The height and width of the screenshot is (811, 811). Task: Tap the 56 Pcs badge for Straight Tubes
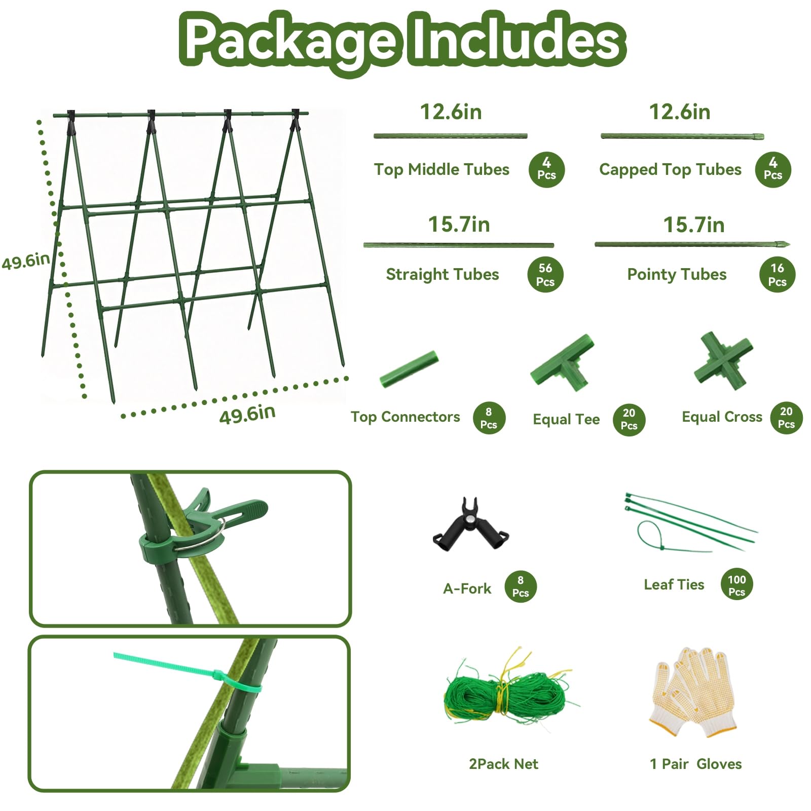tap(545, 275)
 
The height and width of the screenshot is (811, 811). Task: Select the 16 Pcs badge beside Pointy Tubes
tap(777, 275)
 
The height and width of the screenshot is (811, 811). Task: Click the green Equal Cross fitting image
tap(724, 360)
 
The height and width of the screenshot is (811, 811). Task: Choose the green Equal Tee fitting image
tap(563, 362)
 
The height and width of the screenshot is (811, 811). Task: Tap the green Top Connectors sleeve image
tap(409, 369)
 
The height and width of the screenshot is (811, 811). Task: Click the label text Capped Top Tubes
tap(670, 170)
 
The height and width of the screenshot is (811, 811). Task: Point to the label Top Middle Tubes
tap(441, 169)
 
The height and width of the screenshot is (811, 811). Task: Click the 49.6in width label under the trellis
tap(247, 414)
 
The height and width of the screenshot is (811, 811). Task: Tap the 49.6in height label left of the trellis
tap(26, 261)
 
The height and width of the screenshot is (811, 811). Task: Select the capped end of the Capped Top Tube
tap(758, 136)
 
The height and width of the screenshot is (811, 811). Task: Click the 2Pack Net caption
tap(503, 764)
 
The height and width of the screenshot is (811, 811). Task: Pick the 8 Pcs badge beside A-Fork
tap(521, 586)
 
